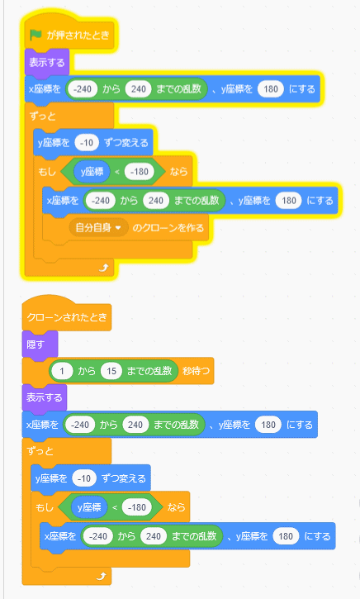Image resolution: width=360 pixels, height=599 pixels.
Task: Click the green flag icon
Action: (36, 36)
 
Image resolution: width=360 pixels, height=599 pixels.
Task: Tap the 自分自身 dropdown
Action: (98, 228)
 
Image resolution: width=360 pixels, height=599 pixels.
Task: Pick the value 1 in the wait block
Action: (62, 371)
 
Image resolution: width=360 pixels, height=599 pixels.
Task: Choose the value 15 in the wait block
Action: (111, 371)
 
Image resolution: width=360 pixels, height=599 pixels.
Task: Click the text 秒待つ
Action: (196, 371)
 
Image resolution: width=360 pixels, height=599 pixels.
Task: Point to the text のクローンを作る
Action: (168, 228)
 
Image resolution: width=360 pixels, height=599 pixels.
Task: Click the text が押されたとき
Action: (78, 36)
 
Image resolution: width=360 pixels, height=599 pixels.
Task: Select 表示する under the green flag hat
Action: (46, 62)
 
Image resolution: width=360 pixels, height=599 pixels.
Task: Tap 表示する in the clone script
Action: (45, 397)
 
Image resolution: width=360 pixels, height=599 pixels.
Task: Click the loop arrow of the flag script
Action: (103, 268)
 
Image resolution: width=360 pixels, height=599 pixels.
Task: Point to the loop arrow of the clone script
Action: (101, 576)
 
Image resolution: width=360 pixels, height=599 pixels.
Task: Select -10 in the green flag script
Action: (87, 143)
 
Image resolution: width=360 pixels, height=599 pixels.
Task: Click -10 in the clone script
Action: (84, 478)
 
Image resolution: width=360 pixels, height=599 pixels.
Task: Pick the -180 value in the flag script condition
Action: (140, 172)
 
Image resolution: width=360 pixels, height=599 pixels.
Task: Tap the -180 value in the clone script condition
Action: (137, 507)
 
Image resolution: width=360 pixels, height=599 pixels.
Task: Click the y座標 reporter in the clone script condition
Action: (89, 507)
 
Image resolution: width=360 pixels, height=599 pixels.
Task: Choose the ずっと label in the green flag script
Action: (42, 116)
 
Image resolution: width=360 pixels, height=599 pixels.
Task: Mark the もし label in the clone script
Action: (45, 507)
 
